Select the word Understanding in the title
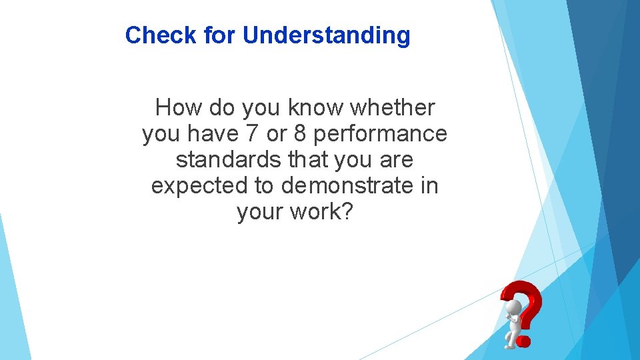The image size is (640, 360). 327,36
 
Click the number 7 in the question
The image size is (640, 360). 251,133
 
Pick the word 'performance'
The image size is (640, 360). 380,135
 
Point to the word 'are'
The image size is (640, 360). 396,161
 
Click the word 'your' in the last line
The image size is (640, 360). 261,213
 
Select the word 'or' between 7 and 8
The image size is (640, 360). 276,135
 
